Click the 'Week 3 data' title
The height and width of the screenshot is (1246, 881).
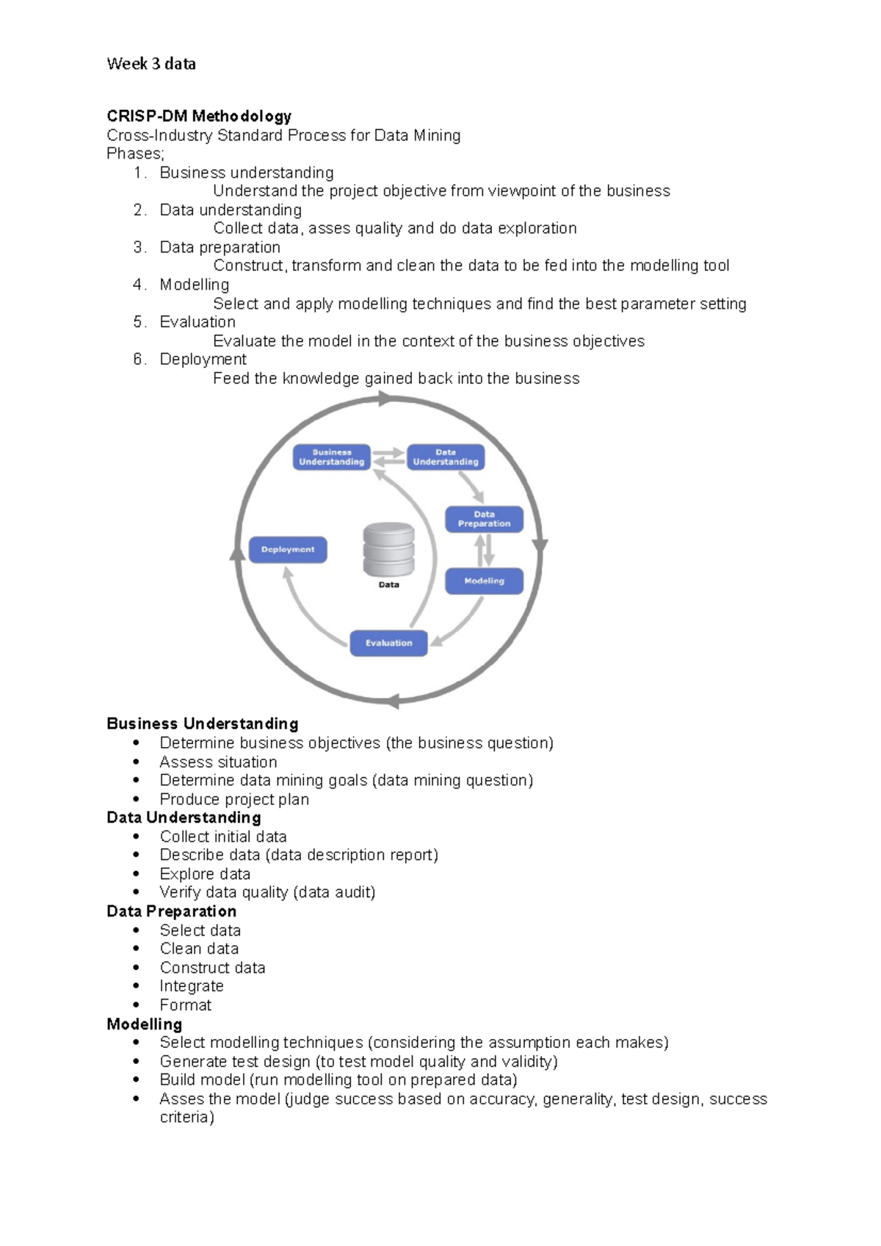pyautogui.click(x=151, y=64)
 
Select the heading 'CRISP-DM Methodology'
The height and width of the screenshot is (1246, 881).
pyautogui.click(x=199, y=116)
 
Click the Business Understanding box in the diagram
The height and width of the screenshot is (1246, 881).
pyautogui.click(x=331, y=457)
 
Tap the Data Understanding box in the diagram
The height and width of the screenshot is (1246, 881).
pyautogui.click(x=446, y=457)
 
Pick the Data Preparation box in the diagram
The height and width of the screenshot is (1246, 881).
pyautogui.click(x=484, y=519)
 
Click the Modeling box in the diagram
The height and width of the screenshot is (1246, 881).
pyautogui.click(x=484, y=580)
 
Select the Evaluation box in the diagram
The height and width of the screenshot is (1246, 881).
pyautogui.click(x=388, y=643)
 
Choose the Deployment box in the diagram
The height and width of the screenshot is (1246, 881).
pyautogui.click(x=288, y=550)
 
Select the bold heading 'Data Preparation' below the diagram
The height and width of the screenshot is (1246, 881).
pyautogui.click(x=172, y=911)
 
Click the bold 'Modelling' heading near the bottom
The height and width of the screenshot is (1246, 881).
pyautogui.click(x=145, y=1024)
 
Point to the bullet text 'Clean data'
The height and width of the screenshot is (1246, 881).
pyautogui.click(x=199, y=949)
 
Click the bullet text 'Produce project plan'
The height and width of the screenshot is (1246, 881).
pyautogui.click(x=234, y=799)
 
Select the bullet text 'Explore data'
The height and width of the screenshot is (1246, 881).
pyautogui.click(x=205, y=874)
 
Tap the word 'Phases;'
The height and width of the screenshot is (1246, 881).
pyautogui.click(x=136, y=153)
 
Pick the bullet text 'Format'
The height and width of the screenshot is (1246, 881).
pyautogui.click(x=185, y=1005)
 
